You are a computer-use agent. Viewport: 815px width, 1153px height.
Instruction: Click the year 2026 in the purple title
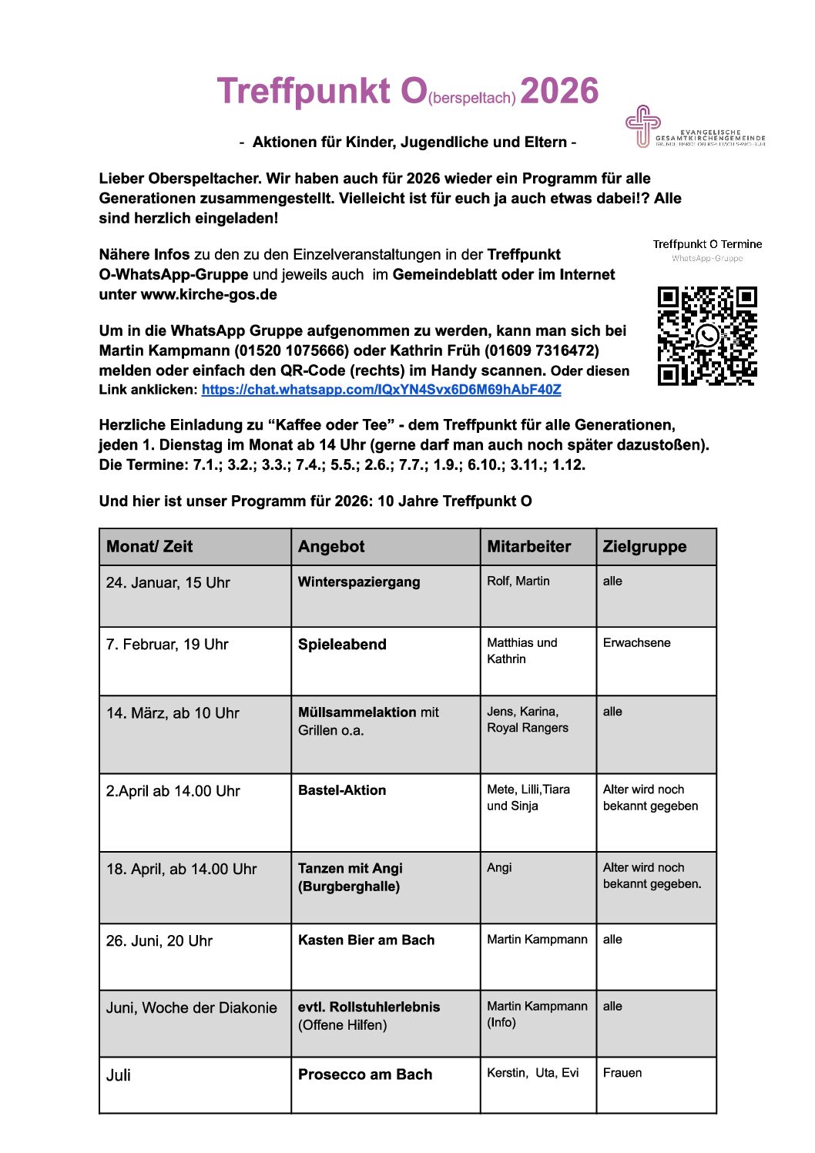pyautogui.click(x=559, y=91)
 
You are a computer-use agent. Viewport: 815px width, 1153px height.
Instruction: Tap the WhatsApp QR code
pyautogui.click(x=707, y=335)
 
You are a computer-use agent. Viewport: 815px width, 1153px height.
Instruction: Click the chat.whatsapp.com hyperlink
pyautogui.click(x=381, y=390)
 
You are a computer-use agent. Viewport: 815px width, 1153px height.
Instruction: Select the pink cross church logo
pyautogui.click(x=642, y=126)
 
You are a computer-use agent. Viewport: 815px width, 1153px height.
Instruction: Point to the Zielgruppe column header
pyautogui.click(x=644, y=547)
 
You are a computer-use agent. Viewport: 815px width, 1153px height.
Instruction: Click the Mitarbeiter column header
pyautogui.click(x=528, y=547)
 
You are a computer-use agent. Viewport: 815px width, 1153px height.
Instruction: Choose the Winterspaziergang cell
pyautogui.click(x=359, y=582)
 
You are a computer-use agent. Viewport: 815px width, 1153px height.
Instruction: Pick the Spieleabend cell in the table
pyautogui.click(x=342, y=645)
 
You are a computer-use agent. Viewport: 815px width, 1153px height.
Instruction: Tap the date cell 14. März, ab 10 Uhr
pyautogui.click(x=173, y=713)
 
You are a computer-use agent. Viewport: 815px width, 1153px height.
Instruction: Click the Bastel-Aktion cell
pyautogui.click(x=342, y=790)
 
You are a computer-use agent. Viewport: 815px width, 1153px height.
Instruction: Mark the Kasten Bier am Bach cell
pyautogui.click(x=366, y=940)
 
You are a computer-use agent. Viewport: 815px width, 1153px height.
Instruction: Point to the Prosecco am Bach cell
pyautogui.click(x=365, y=1074)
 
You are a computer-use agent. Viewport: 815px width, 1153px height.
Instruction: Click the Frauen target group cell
pyautogui.click(x=622, y=1073)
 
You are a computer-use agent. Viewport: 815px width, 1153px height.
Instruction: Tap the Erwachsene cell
pyautogui.click(x=636, y=643)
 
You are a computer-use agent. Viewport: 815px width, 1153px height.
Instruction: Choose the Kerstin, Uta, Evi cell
pyautogui.click(x=532, y=1073)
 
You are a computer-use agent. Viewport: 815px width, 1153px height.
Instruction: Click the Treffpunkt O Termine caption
pyautogui.click(x=707, y=244)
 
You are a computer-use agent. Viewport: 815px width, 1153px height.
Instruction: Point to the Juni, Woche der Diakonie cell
pyautogui.click(x=191, y=1008)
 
